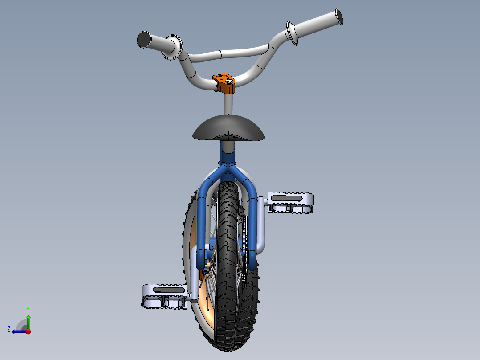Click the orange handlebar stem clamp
(224, 84)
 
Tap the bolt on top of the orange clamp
(229, 82)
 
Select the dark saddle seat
(229, 128)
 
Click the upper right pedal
(290, 202)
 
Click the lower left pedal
(165, 296)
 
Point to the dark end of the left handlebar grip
(143, 40)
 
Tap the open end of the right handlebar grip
(339, 16)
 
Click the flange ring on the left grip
(172, 47)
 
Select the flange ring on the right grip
(292, 33)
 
